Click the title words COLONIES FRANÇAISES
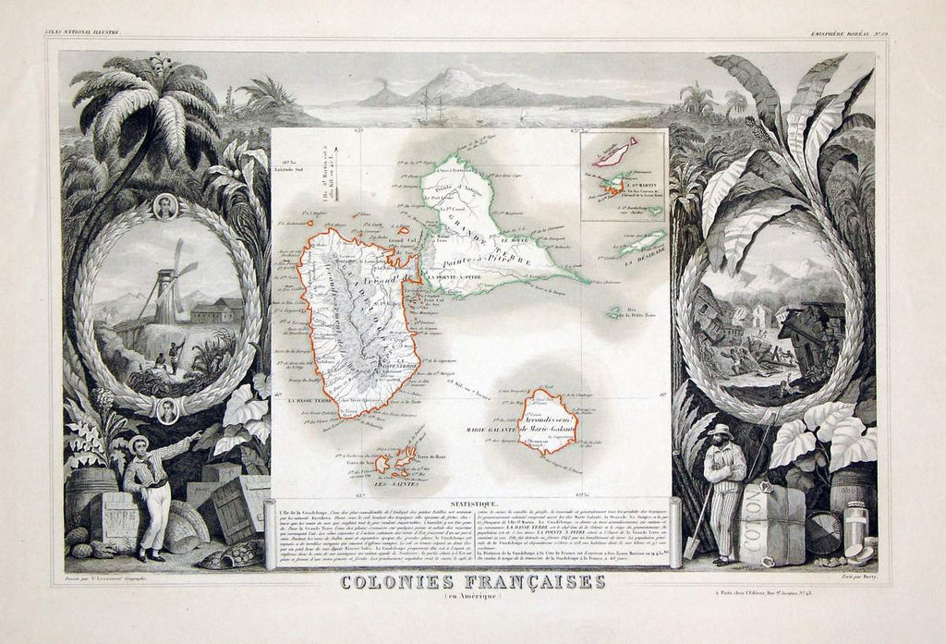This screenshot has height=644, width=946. click(472, 582)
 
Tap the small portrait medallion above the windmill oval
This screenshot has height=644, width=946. click(165, 206)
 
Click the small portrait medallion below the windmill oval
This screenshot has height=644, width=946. click(167, 409)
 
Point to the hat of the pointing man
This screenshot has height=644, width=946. click(139, 441)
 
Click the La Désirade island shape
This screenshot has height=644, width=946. click(641, 244)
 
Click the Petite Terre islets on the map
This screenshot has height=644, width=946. click(613, 314)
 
